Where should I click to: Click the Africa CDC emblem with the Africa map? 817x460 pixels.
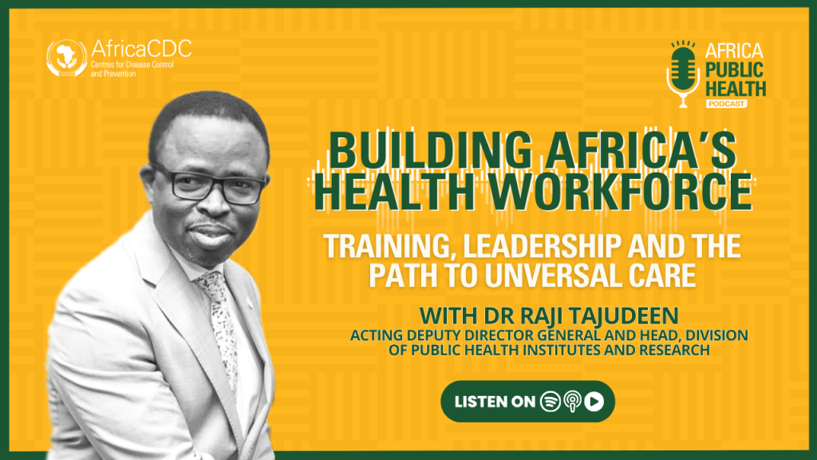click(x=66, y=57)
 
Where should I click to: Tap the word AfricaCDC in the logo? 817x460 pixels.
click(x=141, y=49)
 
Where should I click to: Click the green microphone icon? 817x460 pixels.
click(x=683, y=74)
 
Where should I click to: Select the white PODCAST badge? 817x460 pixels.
click(x=726, y=104)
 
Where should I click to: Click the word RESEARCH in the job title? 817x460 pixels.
click(x=674, y=350)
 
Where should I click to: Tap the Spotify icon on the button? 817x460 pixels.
click(x=551, y=402)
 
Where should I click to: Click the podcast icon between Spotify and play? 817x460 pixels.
click(x=572, y=402)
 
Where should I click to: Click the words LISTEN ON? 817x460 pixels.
click(x=495, y=402)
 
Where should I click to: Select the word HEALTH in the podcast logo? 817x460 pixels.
click(x=736, y=88)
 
